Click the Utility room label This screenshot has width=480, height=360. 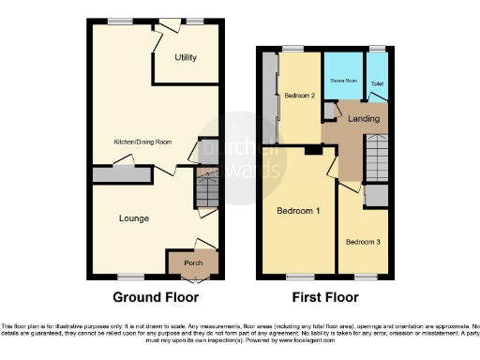click(186, 58)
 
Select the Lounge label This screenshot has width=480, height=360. click(134, 218)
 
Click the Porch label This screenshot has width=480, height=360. click(193, 263)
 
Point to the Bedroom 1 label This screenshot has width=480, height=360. click(298, 211)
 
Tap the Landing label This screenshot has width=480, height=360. click(363, 119)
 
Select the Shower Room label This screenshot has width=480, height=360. click(342, 81)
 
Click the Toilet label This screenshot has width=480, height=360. click(377, 84)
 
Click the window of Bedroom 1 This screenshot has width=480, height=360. click(299, 277)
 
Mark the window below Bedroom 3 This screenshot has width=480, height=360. click(364, 277)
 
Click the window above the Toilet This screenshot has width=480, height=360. click(377, 48)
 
